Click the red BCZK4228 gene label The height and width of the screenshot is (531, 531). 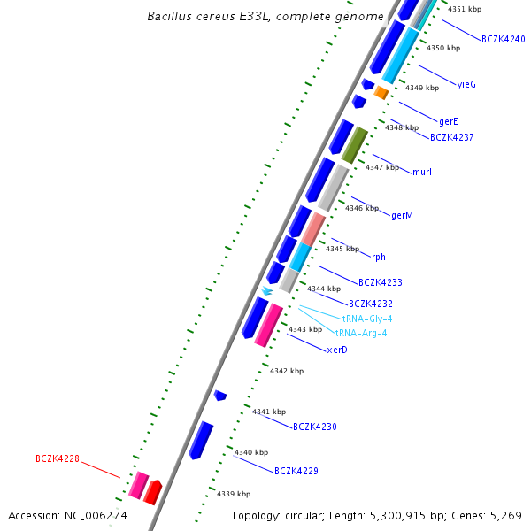pyautogui.click(x=58, y=458)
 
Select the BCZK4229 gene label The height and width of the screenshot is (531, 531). pyautogui.click(x=296, y=471)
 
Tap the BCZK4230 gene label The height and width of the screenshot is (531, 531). pyautogui.click(x=315, y=427)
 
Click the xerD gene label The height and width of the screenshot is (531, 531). pyautogui.click(x=337, y=350)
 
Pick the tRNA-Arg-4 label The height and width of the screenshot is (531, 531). pyautogui.click(x=361, y=333)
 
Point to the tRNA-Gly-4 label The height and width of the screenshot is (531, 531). pyautogui.click(x=367, y=319)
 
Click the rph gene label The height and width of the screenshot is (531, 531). pyautogui.click(x=379, y=257)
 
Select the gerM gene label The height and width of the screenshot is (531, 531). pyautogui.click(x=403, y=215)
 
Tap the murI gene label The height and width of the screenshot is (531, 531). pyautogui.click(x=422, y=171)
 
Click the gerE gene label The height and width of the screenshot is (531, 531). pyautogui.click(x=449, y=120)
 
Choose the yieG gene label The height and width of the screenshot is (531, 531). pyautogui.click(x=466, y=84)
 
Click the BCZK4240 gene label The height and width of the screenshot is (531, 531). pyautogui.click(x=504, y=40)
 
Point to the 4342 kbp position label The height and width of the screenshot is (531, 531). pyautogui.click(x=287, y=371)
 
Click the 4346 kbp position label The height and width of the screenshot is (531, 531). pyautogui.click(x=362, y=208)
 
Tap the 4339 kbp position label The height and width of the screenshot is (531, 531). pyautogui.click(x=234, y=494)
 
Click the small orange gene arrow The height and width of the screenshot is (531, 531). pyautogui.click(x=381, y=92)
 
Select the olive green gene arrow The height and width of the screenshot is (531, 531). pyautogui.click(x=354, y=144)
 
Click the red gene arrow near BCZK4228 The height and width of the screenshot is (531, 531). pyautogui.click(x=153, y=490)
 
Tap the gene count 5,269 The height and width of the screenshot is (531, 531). pyautogui.click(x=506, y=516)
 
